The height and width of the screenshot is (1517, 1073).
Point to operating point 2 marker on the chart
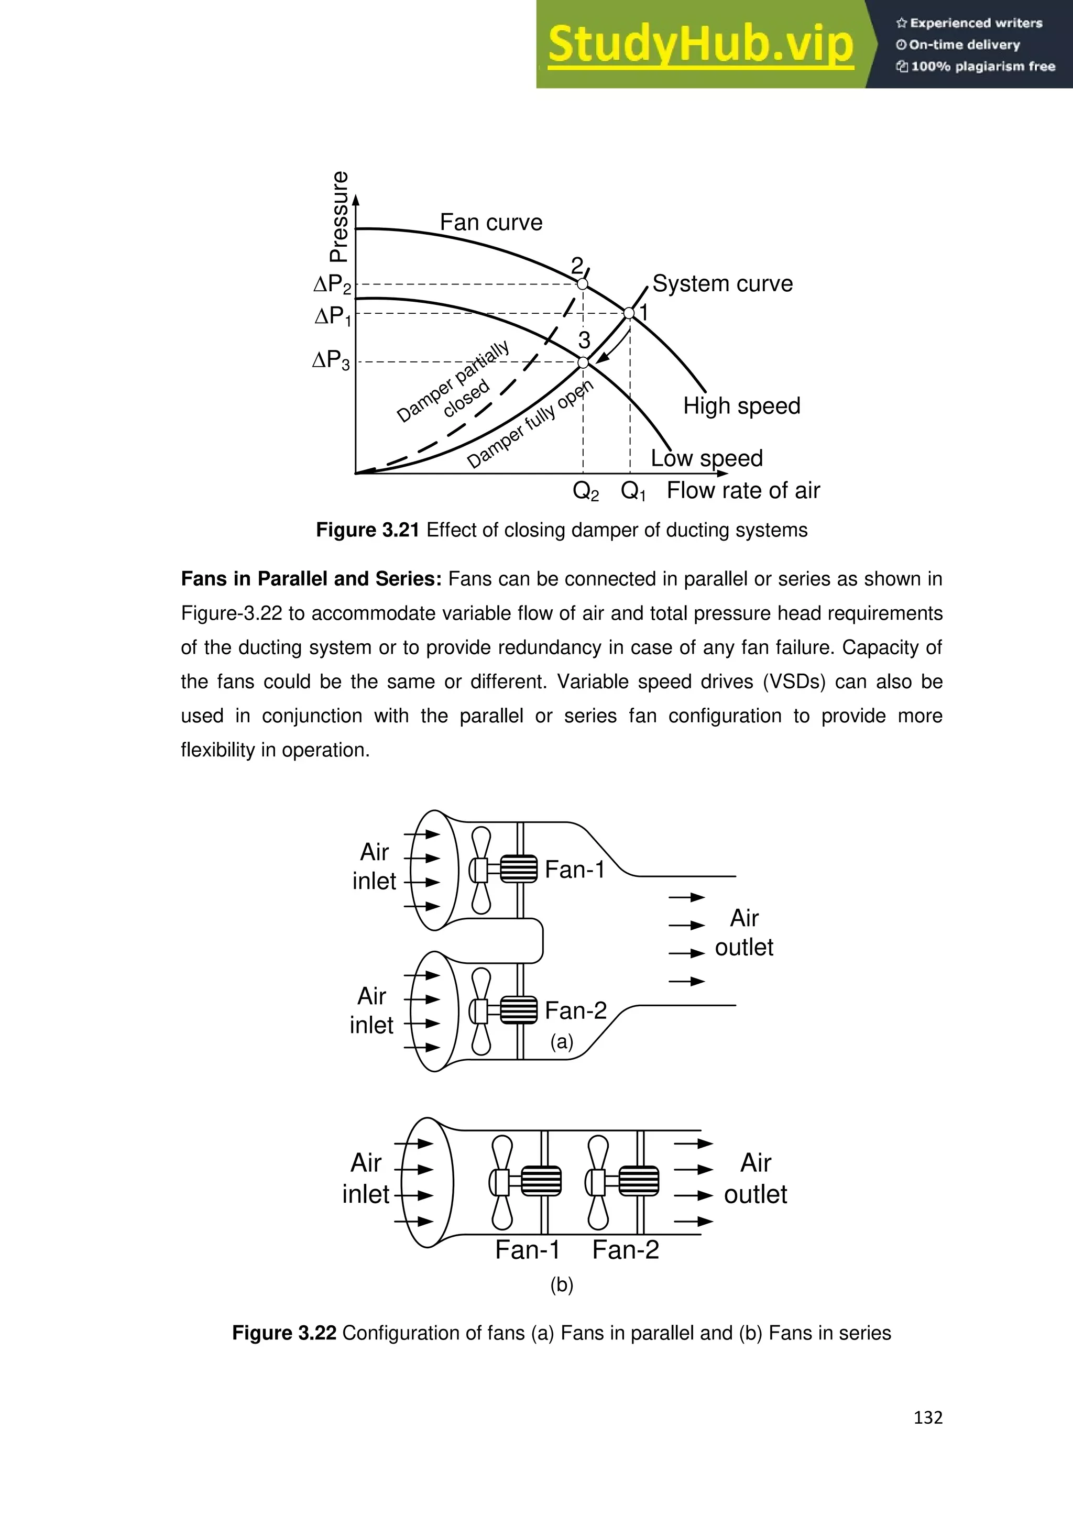pyautogui.click(x=582, y=284)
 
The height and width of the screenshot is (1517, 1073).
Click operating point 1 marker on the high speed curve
pyautogui.click(x=630, y=313)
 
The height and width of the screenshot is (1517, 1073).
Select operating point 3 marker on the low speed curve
pyautogui.click(x=583, y=362)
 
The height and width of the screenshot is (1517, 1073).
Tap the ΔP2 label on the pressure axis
pyautogui.click(x=332, y=285)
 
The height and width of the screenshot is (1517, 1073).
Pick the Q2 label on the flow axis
pyautogui.click(x=585, y=491)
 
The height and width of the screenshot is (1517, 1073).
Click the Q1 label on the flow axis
pyautogui.click(x=633, y=491)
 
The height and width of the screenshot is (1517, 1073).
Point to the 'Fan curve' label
pyautogui.click(x=491, y=223)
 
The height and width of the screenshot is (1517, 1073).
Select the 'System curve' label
pyautogui.click(x=722, y=283)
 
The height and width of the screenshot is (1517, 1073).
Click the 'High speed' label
pyautogui.click(x=741, y=405)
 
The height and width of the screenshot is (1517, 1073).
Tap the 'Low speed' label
pyautogui.click(x=706, y=458)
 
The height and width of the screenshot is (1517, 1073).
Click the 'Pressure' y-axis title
pyautogui.click(x=339, y=217)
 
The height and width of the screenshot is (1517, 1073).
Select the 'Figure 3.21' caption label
pyautogui.click(x=367, y=530)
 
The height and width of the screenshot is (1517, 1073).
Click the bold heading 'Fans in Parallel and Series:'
pyautogui.click(x=311, y=579)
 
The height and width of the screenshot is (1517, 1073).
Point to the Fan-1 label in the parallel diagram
pyautogui.click(x=574, y=870)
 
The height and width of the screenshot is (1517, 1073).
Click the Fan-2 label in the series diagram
pyautogui.click(x=625, y=1250)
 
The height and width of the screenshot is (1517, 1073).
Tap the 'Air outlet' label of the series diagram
pyautogui.click(x=755, y=1178)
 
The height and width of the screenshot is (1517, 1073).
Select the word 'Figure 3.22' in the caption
pyautogui.click(x=284, y=1333)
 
